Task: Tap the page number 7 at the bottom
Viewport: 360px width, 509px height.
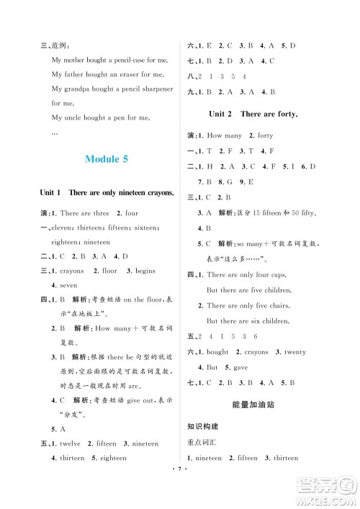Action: [x=181, y=496]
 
